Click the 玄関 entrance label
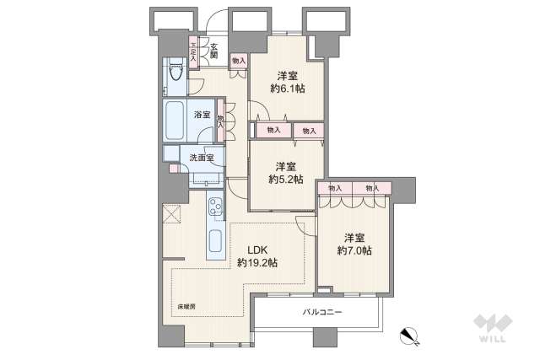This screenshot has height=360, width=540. coord(213,51)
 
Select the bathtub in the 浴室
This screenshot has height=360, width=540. coord(175,120)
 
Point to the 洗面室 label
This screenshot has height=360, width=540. coord(202,158)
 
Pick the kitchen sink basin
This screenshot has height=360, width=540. coord(216,240)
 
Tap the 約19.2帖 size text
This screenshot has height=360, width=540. coord(256,263)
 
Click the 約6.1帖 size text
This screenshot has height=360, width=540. coord(288,89)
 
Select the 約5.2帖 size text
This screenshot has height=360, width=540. coord(286,180)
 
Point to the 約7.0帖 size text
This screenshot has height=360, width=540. coord(354,250)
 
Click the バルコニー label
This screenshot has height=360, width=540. coord(322,312)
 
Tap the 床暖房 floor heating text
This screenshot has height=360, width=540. coord(186,306)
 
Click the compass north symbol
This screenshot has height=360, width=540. coord(409,336)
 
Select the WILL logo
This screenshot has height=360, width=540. coord(493,328)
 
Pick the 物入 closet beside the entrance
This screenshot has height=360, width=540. coord(239,62)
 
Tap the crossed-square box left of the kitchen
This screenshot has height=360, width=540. coord(171,213)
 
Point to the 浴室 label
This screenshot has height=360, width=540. coord(202,115)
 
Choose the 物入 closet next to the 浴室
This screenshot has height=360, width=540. coord(220,121)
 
